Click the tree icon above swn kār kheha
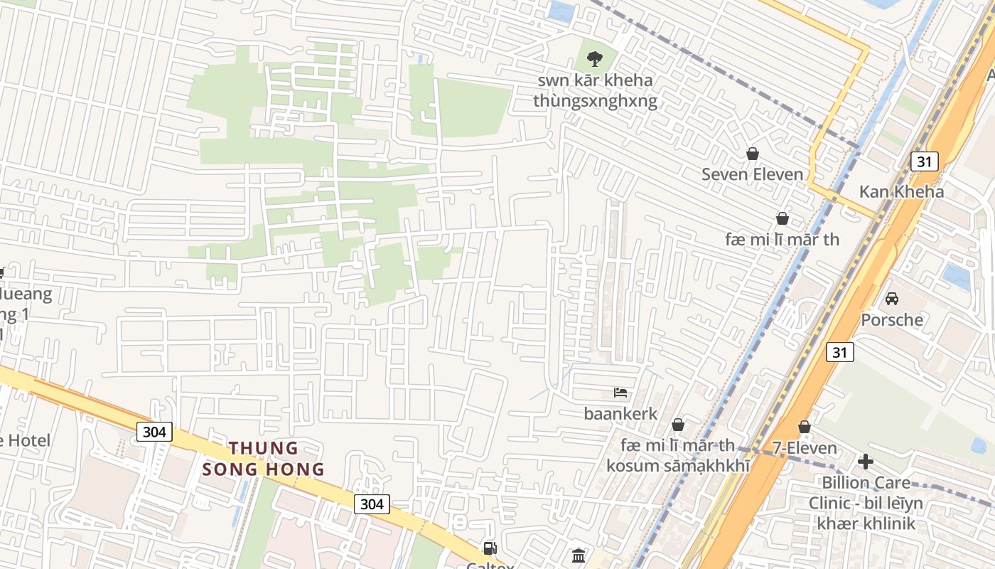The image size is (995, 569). click(x=595, y=59)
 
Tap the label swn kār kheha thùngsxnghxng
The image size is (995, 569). click(x=595, y=90)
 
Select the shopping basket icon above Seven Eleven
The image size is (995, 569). click(x=752, y=154)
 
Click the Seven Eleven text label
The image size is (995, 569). click(x=752, y=174)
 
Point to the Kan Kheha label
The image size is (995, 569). click(x=901, y=191)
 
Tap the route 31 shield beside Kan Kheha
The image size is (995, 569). click(x=924, y=161)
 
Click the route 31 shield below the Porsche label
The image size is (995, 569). click(x=840, y=351)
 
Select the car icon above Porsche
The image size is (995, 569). click(x=891, y=299)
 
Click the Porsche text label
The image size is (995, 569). click(x=891, y=319)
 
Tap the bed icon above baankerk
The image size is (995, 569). click(x=620, y=393)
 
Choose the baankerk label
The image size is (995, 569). click(x=620, y=413)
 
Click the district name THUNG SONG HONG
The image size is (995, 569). click(x=264, y=459)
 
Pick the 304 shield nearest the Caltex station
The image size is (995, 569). click(x=371, y=504)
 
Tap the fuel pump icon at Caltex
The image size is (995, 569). click(x=490, y=548)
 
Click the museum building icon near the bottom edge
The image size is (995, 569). click(x=579, y=555)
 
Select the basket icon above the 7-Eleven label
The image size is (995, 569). click(x=804, y=427)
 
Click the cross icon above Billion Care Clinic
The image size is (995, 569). click(x=865, y=462)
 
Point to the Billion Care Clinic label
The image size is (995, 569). click(x=865, y=504)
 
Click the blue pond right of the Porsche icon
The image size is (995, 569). click(x=957, y=277)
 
